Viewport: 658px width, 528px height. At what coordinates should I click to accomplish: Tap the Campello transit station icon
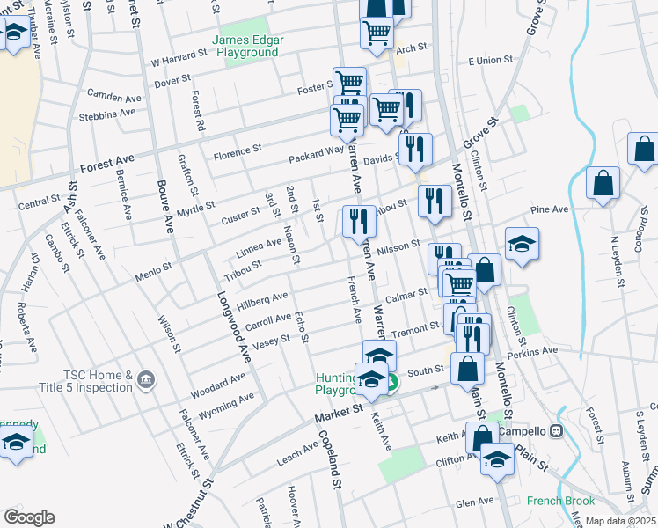(556, 432)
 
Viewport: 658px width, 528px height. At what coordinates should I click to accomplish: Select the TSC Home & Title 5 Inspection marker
(146, 381)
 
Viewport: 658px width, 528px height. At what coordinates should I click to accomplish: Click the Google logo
(29, 517)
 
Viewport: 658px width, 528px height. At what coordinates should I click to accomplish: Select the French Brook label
(561, 501)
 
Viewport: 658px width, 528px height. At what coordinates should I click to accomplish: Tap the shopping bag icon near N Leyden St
(603, 184)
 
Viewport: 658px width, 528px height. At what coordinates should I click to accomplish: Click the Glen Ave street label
(474, 502)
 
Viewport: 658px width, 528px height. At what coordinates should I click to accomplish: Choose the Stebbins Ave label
(108, 113)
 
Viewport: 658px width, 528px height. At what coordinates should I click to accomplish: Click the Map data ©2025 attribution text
(620, 522)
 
